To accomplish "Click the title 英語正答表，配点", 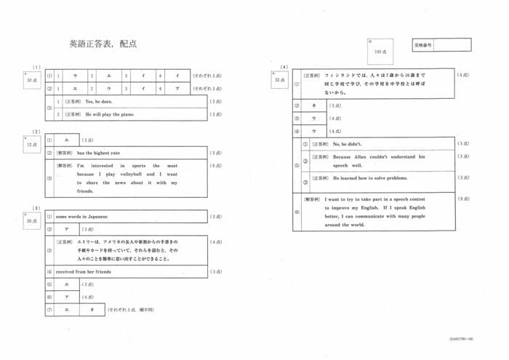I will (x=103, y=44).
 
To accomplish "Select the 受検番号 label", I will (x=422, y=45).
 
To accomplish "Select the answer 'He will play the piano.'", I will (x=110, y=114).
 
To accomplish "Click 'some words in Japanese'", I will (x=81, y=216).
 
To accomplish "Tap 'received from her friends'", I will (x=84, y=271).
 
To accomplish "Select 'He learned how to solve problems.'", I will (x=371, y=178).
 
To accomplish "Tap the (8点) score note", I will (x=463, y=199).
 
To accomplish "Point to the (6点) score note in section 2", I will (x=215, y=166).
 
